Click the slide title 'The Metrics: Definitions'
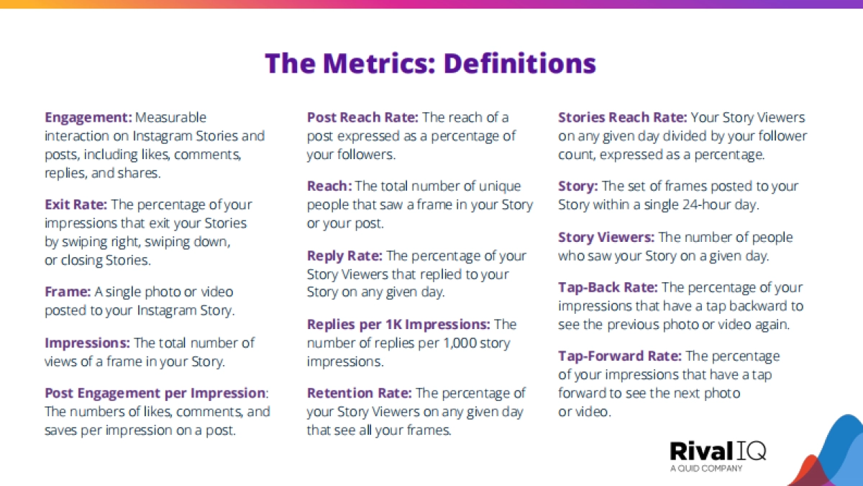pyautogui.click(x=431, y=63)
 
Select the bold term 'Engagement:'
pyautogui.click(x=88, y=117)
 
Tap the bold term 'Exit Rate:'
pyautogui.click(x=76, y=204)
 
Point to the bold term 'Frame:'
pyautogui.click(x=68, y=292)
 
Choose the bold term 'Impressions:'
pyautogui.click(x=88, y=343)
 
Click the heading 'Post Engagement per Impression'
pyautogui.click(x=155, y=393)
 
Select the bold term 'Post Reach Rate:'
pyautogui.click(x=362, y=117)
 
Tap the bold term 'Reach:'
pyautogui.click(x=329, y=186)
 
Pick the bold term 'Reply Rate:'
pyautogui.click(x=344, y=256)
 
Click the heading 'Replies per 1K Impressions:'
pyautogui.click(x=398, y=325)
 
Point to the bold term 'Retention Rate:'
pyautogui.click(x=359, y=393)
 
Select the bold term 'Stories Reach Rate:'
pyautogui.click(x=622, y=117)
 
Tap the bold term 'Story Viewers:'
pyautogui.click(x=606, y=237)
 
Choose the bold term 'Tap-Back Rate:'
pyautogui.click(x=608, y=287)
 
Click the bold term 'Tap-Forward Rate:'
pyautogui.click(x=619, y=356)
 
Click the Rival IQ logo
pyautogui.click(x=718, y=451)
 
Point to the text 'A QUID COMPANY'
pyautogui.click(x=706, y=469)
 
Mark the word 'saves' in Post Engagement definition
pyautogui.click(x=61, y=430)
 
